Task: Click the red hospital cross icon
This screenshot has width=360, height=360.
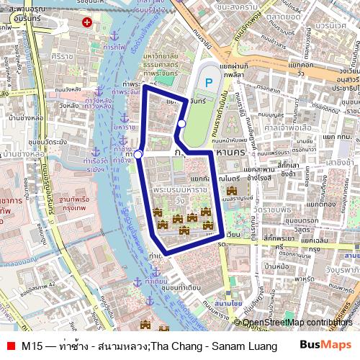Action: click(x=87, y=23)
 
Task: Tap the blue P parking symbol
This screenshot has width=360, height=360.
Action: click(x=209, y=84)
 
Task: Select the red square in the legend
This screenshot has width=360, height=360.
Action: click(x=9, y=346)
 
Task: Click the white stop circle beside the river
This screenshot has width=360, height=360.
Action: click(x=138, y=153)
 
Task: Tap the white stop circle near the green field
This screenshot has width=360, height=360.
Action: click(x=181, y=125)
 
